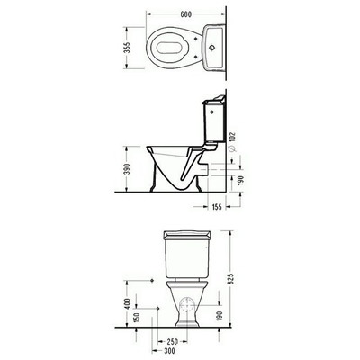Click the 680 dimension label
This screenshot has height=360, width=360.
tap(185, 14)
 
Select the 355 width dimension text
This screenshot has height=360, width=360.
tap(127, 48)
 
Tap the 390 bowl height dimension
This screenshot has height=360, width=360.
tap(127, 169)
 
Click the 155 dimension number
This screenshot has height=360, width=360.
tap(216, 207)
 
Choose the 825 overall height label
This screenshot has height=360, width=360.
tap(231, 278)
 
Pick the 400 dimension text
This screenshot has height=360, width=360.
tap(127, 304)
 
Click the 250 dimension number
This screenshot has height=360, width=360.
tap(172, 341)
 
